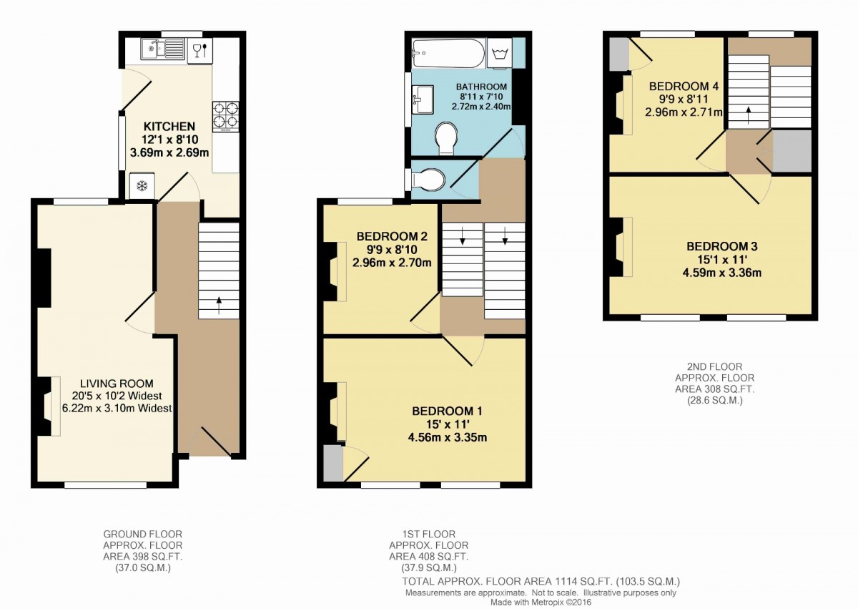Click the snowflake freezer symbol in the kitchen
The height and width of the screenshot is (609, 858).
coord(142,186)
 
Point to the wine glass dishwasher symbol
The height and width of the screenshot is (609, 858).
coord(199,50)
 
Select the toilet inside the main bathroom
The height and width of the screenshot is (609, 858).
coord(447,137)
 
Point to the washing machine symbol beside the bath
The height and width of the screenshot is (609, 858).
coord(500,52)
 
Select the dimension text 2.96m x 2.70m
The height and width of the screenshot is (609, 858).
coord(392,262)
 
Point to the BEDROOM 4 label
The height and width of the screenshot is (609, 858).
coord(684,86)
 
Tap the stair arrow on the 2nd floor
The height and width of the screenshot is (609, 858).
coord(748,114)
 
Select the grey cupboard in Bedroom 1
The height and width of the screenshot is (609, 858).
coord(332,464)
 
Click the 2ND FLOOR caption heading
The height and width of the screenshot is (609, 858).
coord(714,366)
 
